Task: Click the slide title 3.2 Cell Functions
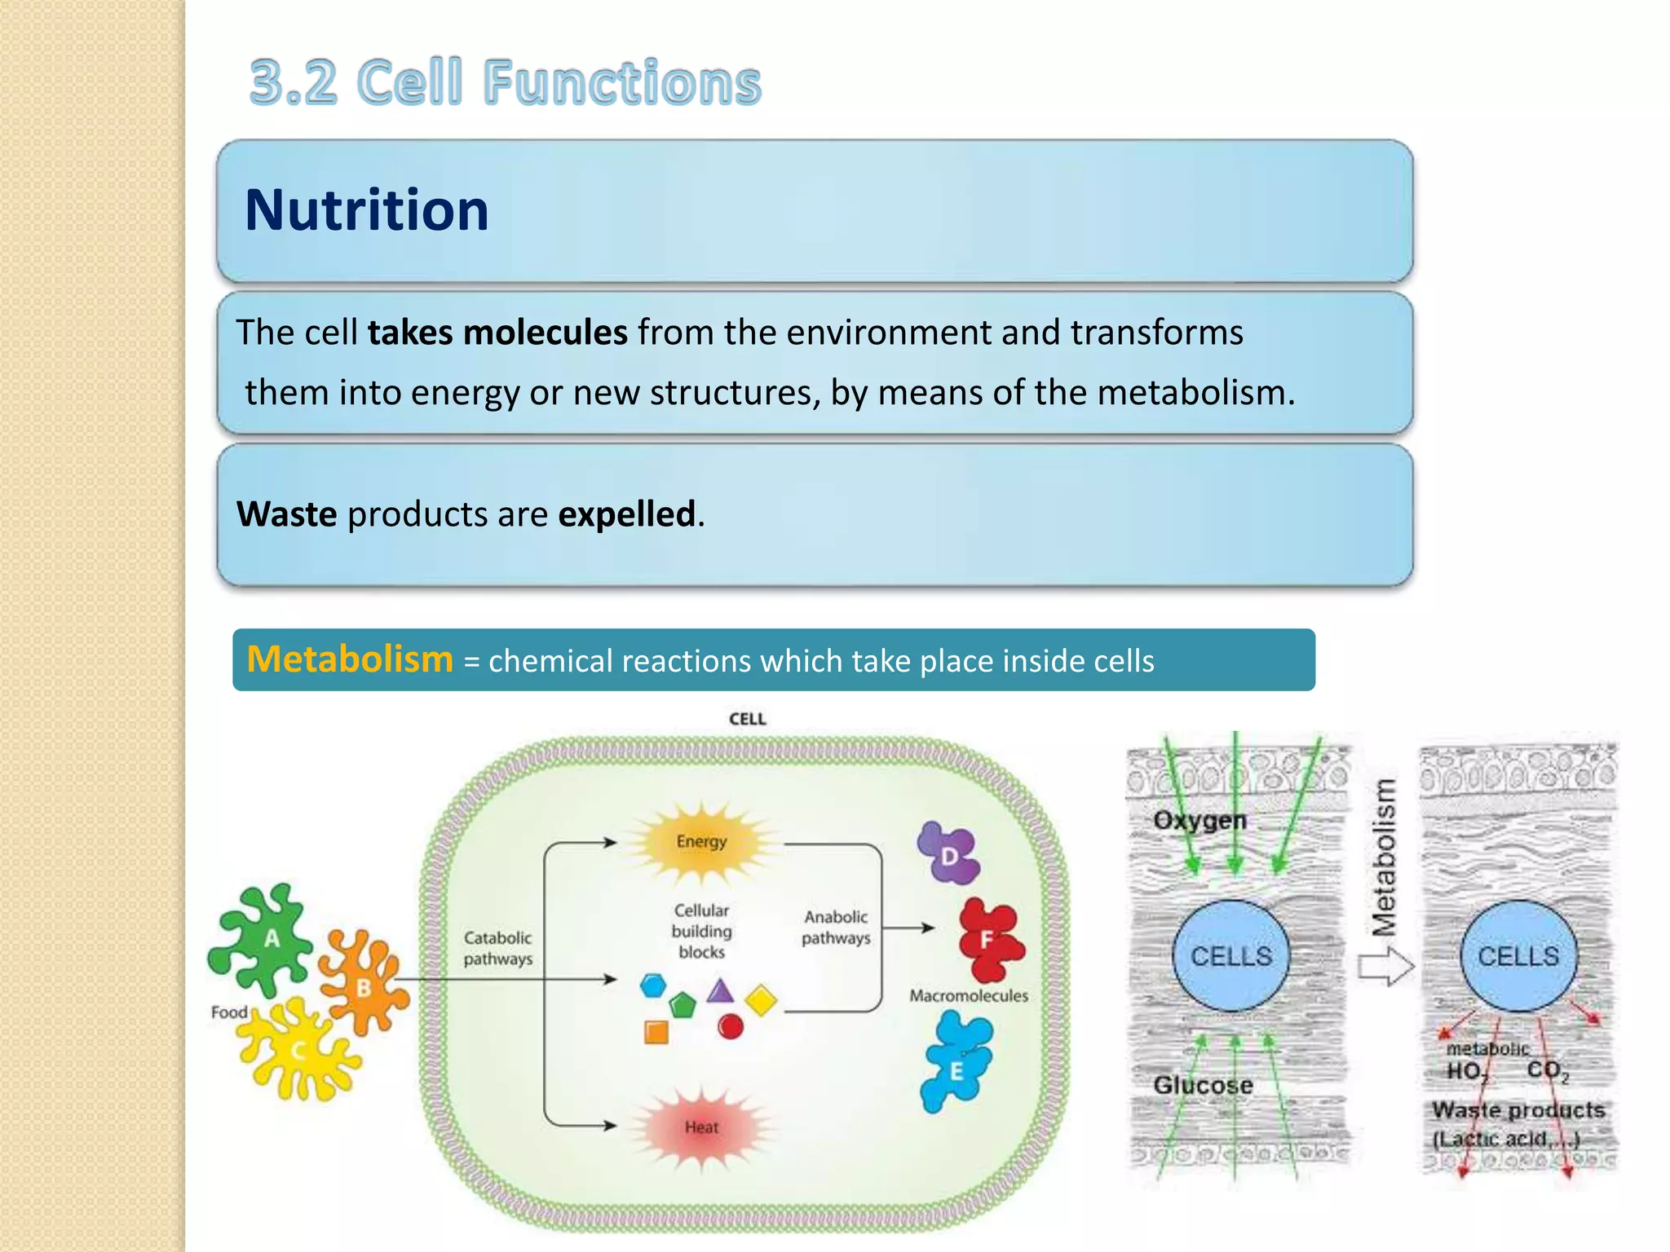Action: (x=505, y=82)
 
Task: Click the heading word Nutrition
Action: (x=366, y=210)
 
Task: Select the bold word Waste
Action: (x=286, y=514)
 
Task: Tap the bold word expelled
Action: (x=626, y=514)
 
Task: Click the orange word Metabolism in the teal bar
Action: (x=350, y=659)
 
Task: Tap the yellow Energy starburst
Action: (x=701, y=842)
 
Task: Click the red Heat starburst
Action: (x=701, y=1127)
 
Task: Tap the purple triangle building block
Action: (x=720, y=993)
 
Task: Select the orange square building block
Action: (x=656, y=1033)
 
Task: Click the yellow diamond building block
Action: (x=761, y=1001)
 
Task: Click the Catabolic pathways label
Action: (x=497, y=948)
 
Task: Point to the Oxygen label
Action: (x=1199, y=820)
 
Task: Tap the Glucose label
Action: (x=1203, y=1085)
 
